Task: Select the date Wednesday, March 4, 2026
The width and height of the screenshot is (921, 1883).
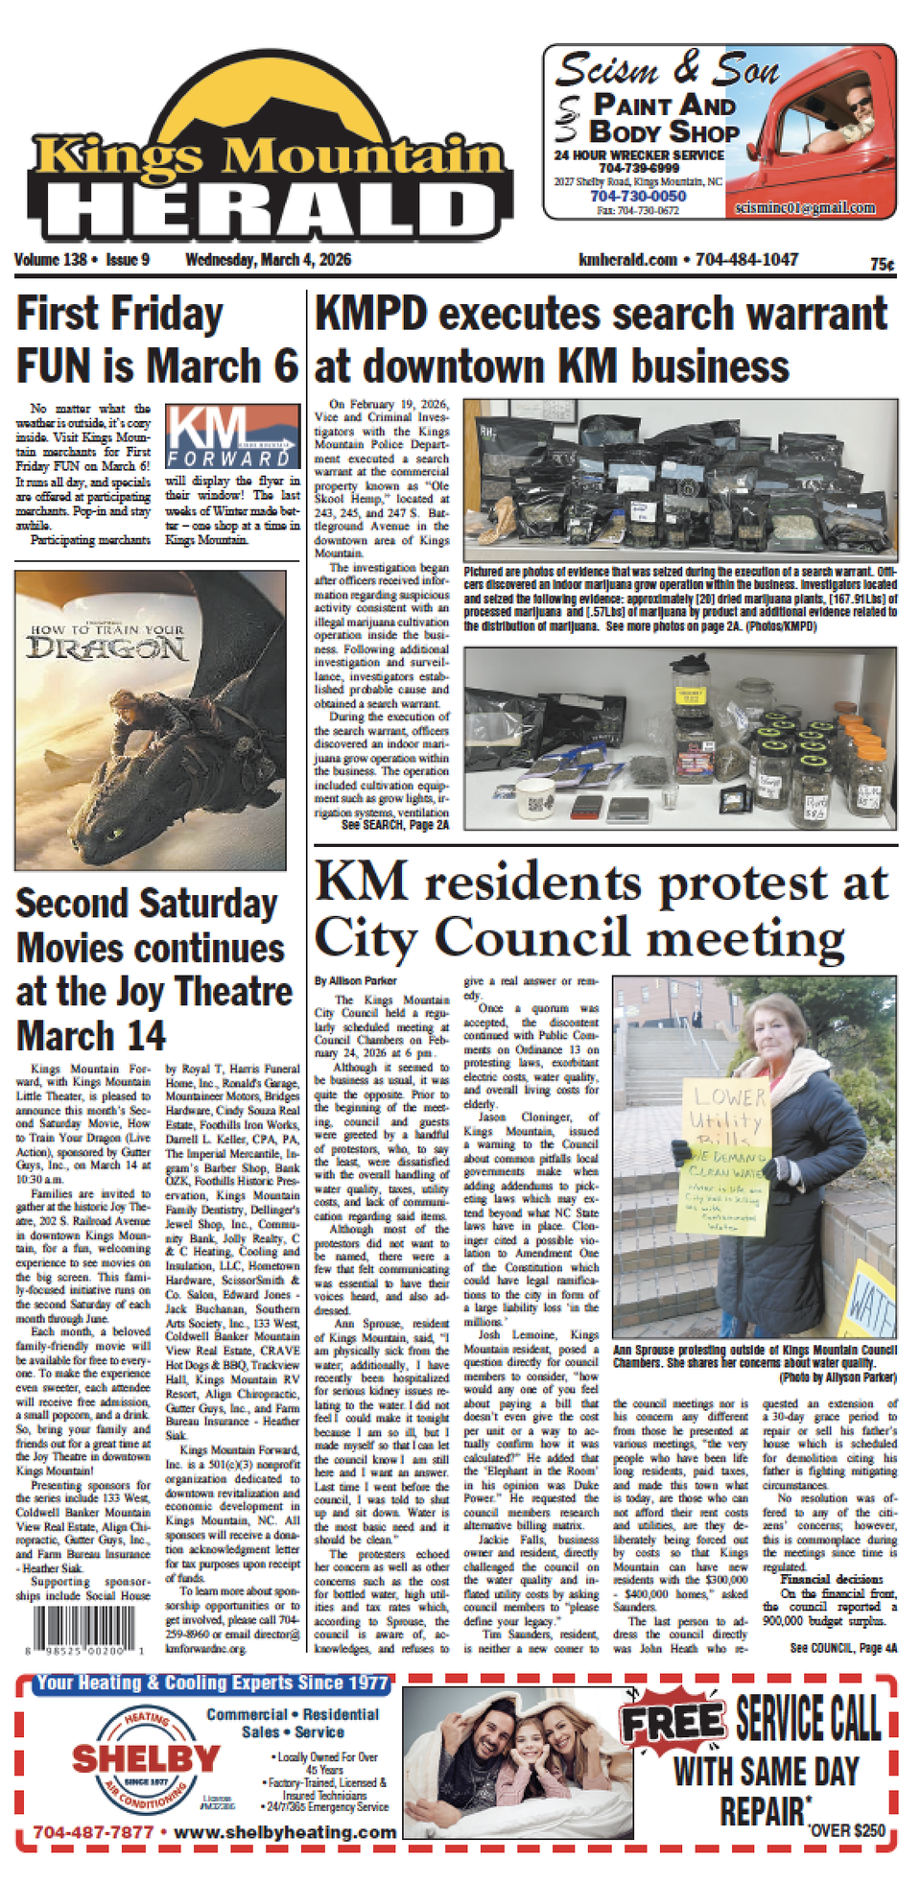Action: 268,260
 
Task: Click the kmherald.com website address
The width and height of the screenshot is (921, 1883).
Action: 627,260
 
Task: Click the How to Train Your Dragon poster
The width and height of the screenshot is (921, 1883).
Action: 151,719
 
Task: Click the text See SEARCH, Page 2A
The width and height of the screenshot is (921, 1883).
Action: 394,824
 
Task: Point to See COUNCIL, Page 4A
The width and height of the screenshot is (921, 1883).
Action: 843,1647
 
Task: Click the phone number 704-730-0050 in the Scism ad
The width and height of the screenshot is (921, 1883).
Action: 637,196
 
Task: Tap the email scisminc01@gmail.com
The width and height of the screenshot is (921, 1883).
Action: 804,207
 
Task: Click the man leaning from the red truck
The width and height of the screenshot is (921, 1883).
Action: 858,113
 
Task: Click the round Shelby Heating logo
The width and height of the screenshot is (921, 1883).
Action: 146,1758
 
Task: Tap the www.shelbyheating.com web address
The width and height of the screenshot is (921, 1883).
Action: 285,1831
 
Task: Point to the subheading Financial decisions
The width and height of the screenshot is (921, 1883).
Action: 831,1578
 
